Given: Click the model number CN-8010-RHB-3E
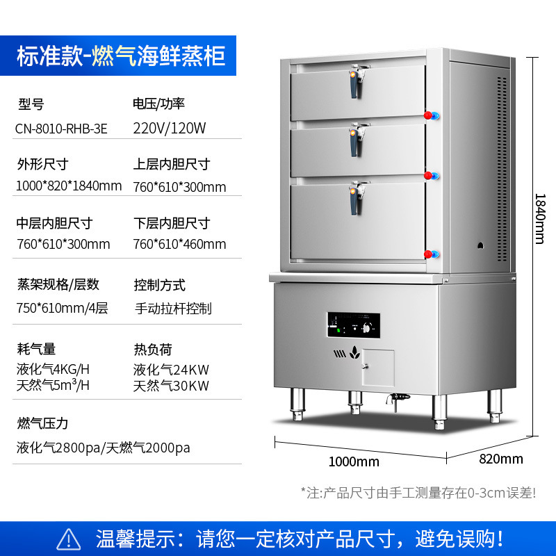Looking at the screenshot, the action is tap(62, 129).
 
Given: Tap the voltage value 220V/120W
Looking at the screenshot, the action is tap(170, 129).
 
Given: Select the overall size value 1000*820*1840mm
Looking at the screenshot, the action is tap(69, 186).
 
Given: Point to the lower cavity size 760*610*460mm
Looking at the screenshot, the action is tap(179, 244).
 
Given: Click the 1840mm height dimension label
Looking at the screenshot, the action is tap(539, 218).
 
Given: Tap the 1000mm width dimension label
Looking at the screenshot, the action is tap(354, 461).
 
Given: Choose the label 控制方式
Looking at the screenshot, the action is tap(159, 285).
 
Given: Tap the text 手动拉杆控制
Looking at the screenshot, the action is tap(172, 309).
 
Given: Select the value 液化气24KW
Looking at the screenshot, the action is tap(171, 370).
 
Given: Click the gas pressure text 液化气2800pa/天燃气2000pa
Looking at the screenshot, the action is tap(103, 448).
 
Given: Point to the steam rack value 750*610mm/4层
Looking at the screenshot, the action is tap(62, 309).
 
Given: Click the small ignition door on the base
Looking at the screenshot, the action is tap(377, 366).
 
